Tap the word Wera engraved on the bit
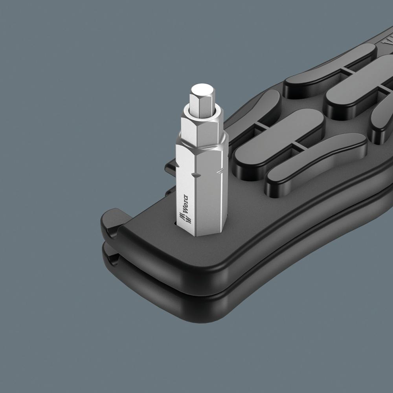[x=185, y=204]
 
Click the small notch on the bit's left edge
[x=178, y=165]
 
